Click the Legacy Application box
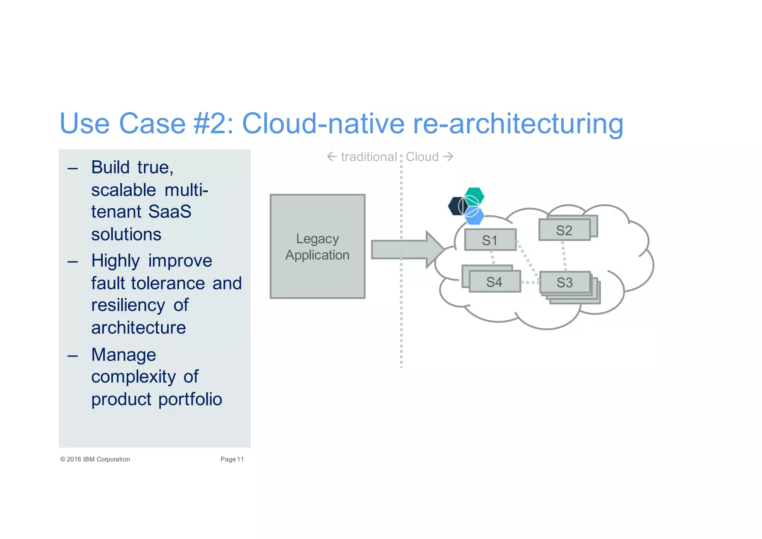click(x=317, y=246)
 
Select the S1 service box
click(x=490, y=240)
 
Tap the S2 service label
click(x=564, y=230)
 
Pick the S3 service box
click(x=564, y=282)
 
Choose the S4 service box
click(x=494, y=282)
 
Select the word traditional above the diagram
click(x=368, y=157)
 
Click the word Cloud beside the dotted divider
click(x=422, y=157)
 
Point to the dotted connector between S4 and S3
click(x=530, y=282)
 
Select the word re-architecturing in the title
click(x=518, y=124)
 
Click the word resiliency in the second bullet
click(x=128, y=305)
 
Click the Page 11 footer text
click(x=232, y=459)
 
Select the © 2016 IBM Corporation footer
click(x=95, y=459)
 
